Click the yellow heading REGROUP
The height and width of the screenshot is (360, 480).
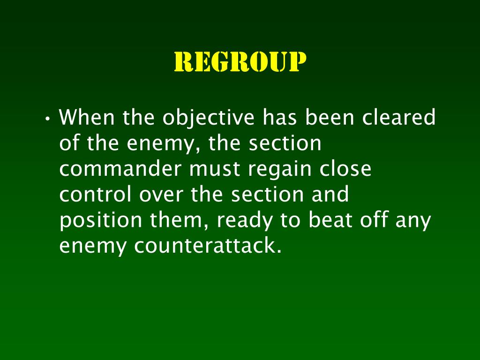240,62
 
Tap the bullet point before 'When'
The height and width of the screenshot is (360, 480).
48,118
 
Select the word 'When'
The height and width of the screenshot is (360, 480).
88,117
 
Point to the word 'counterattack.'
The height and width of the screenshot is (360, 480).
208,246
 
